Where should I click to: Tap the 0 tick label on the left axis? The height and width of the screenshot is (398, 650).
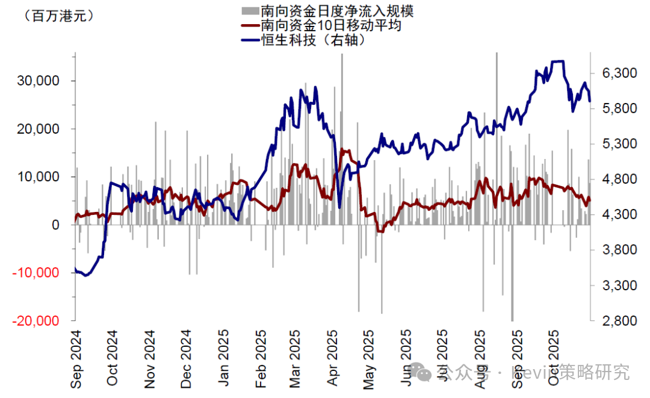55,225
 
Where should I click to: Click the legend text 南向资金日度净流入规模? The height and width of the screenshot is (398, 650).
337,10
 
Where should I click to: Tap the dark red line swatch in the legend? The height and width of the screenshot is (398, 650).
249,26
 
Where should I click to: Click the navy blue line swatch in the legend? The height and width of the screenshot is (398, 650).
249,41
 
